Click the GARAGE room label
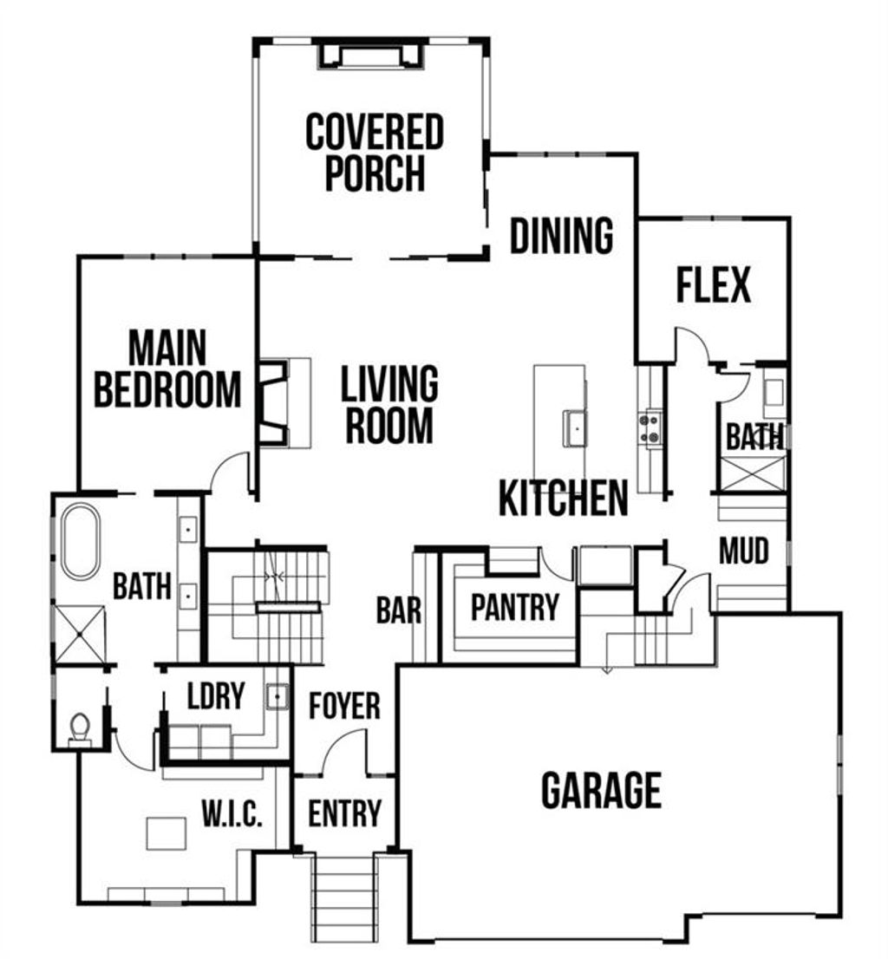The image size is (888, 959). point(601,790)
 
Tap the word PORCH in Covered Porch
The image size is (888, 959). point(375,173)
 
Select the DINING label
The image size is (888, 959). point(561,236)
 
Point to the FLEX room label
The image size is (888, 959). point(713,285)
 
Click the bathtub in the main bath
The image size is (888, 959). point(80,541)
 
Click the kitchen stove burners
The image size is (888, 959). point(649,427)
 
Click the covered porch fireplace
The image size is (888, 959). point(370,56)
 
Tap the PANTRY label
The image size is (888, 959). point(514,608)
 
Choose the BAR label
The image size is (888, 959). point(399,611)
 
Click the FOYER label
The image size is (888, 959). point(344,706)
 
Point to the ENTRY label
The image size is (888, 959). point(344,813)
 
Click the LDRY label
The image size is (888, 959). point(216,695)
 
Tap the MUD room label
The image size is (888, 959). point(744,551)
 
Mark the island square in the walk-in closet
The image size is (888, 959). point(166,833)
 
